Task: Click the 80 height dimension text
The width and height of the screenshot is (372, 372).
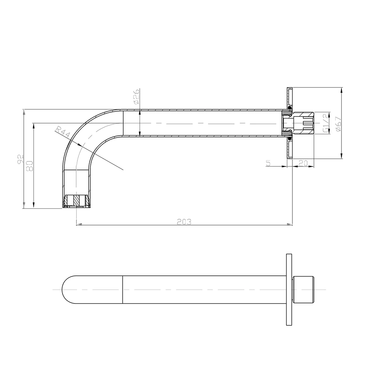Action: (31, 166)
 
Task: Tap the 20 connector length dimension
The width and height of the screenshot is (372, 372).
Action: (303, 163)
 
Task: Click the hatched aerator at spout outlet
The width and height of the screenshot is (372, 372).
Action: (76, 201)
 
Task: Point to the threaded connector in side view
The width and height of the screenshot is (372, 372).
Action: (302, 123)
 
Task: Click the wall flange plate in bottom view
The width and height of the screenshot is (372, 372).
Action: (289, 289)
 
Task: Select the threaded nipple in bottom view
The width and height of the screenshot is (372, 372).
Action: (304, 289)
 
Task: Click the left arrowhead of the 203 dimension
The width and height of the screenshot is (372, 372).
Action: (78, 224)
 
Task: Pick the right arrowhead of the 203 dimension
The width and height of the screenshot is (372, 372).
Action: (291, 224)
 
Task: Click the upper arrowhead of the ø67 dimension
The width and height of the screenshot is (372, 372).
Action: (341, 89)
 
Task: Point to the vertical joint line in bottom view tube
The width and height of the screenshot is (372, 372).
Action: (123, 289)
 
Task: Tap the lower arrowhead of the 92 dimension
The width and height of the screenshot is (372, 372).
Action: (23, 207)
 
